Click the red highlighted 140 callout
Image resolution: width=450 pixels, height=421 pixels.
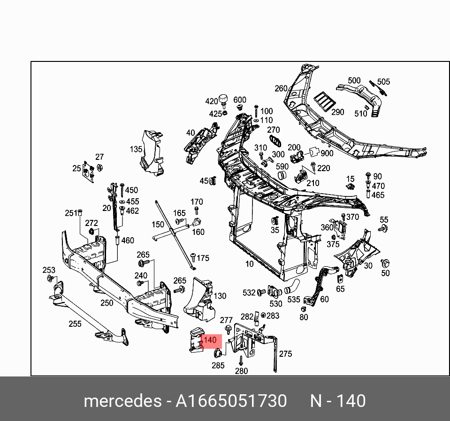click(x=211, y=340)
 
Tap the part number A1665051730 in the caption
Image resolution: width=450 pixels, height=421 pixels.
click(x=231, y=401)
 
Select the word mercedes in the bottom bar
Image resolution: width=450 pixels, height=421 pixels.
click(x=122, y=401)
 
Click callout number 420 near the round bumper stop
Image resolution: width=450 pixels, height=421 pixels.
click(x=212, y=101)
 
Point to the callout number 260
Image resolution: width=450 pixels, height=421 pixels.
click(x=281, y=88)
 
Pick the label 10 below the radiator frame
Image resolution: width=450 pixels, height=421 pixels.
click(x=249, y=264)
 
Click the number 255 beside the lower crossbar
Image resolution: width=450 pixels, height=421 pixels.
click(x=75, y=323)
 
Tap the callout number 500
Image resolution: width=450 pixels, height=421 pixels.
click(x=354, y=81)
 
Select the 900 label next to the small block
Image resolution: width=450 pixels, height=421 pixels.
click(x=327, y=153)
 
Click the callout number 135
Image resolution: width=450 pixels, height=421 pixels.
click(x=136, y=149)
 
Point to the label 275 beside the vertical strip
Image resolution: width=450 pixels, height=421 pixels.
click(x=285, y=354)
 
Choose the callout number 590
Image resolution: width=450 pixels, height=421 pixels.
click(x=282, y=166)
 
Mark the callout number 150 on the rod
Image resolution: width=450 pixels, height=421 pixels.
click(x=158, y=225)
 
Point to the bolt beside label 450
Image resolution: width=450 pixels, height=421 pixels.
click(x=121, y=189)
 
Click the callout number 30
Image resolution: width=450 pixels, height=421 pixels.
click(x=368, y=265)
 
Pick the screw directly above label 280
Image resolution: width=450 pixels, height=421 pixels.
click(x=241, y=360)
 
